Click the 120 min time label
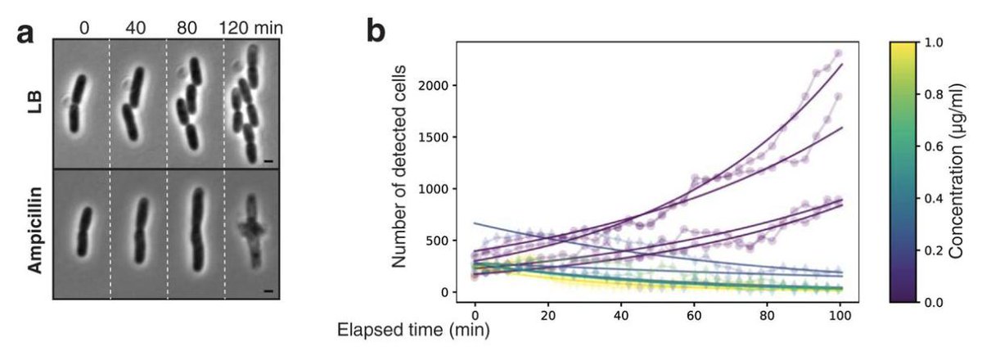[x=251, y=27]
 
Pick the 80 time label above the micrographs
[x=194, y=27]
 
